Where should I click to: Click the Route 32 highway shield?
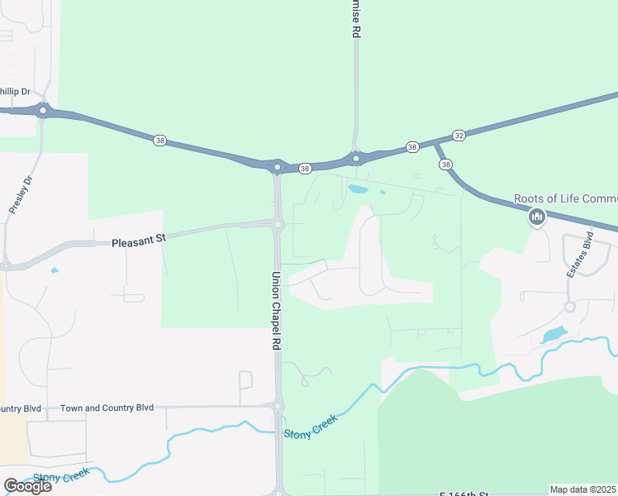(459, 136)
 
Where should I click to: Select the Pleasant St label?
(139, 239)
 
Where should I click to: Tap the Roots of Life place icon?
(537, 217)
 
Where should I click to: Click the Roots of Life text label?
(565, 198)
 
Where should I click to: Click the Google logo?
(27, 486)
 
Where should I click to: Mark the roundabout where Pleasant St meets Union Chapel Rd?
(278, 224)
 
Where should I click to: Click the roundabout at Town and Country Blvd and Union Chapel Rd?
(278, 407)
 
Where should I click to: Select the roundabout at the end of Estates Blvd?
(569, 307)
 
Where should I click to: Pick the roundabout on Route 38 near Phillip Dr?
(42, 110)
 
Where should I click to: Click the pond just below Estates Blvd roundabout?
(554, 335)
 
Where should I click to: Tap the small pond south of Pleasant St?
(55, 270)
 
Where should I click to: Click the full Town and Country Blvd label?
(107, 408)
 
